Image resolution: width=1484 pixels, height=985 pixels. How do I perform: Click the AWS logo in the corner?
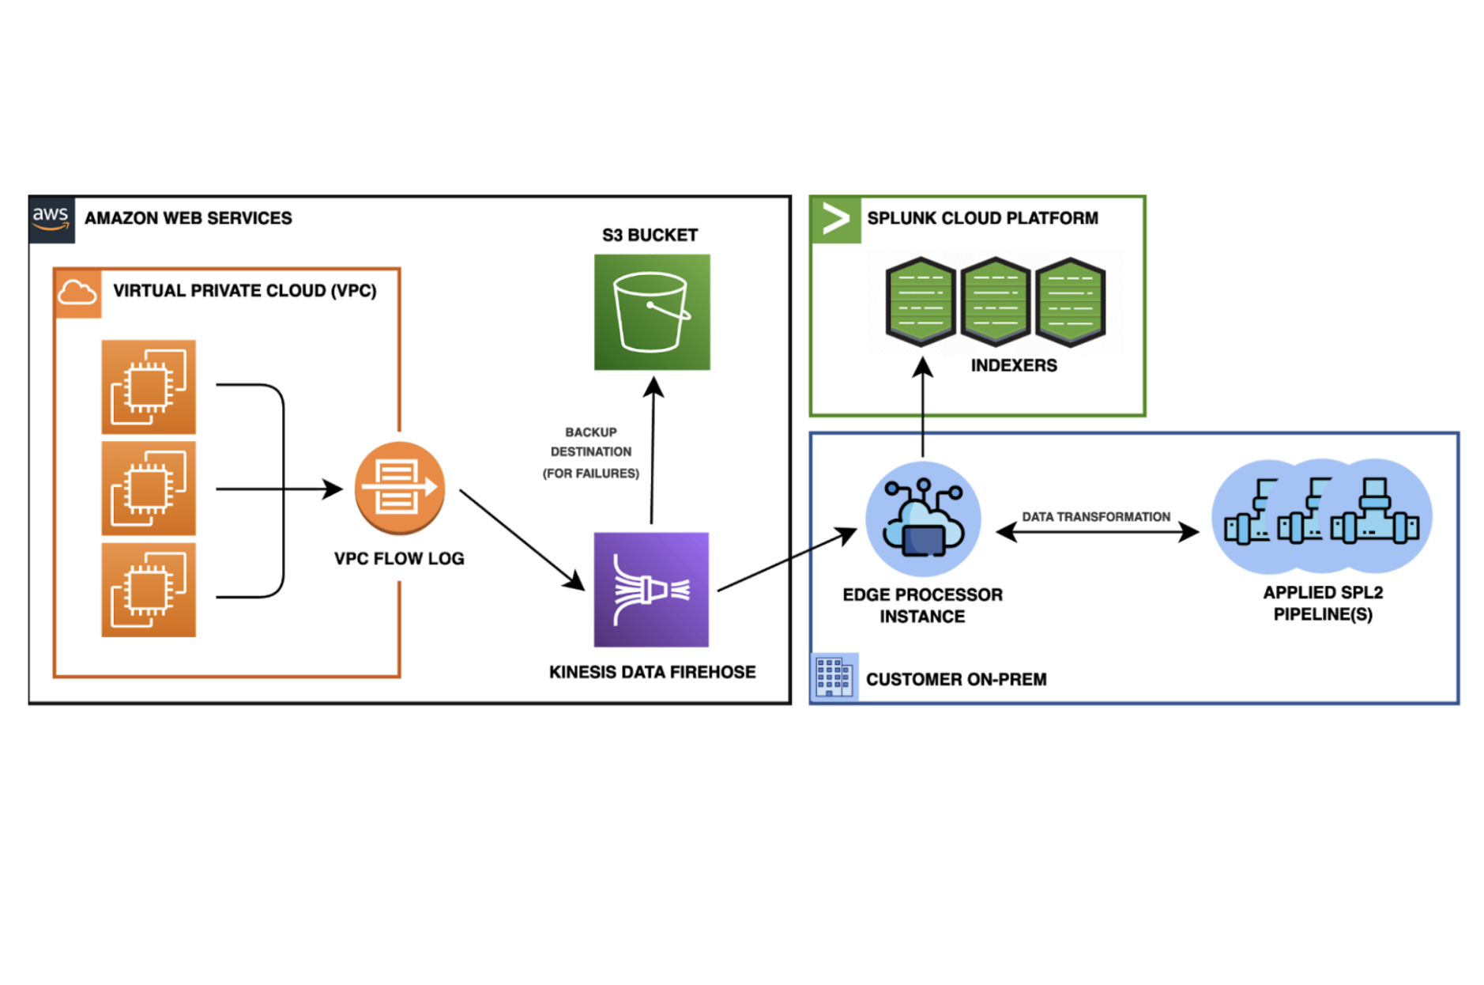[51, 218]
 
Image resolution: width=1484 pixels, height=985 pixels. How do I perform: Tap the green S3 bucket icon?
[651, 311]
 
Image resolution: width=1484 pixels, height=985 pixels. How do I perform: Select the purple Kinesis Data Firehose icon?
[651, 589]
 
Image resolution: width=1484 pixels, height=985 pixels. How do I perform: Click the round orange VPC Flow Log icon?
[399, 487]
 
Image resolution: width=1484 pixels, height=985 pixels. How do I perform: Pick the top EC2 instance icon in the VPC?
[149, 387]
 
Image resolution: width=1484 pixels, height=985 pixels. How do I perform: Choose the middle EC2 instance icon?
[149, 488]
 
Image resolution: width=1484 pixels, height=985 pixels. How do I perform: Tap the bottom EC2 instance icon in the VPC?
[149, 589]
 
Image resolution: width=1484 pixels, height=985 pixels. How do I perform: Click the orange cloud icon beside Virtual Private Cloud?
[77, 293]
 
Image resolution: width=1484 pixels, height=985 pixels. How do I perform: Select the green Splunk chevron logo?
[835, 219]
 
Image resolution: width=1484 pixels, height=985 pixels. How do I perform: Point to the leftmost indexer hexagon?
[921, 301]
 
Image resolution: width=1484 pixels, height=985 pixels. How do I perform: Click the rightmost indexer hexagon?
[1070, 301]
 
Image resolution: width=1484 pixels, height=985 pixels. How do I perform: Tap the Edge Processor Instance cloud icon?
[923, 519]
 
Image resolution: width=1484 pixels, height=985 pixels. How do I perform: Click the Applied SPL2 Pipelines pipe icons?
[1322, 516]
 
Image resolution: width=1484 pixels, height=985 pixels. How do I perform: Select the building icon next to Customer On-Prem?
[834, 677]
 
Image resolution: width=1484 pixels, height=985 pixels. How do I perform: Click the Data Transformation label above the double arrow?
[1095, 516]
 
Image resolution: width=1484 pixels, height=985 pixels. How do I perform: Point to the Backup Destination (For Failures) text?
[590, 452]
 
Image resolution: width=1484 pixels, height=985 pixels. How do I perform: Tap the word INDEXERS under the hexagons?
[1013, 365]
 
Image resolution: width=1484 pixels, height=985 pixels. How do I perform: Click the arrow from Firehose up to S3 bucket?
[652, 451]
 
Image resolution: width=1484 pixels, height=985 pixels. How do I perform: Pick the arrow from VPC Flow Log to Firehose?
[522, 540]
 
